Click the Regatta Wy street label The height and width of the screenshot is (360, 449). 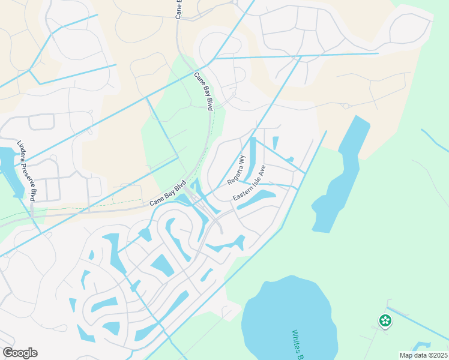click(237, 170)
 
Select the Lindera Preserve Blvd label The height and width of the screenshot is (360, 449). click(28, 170)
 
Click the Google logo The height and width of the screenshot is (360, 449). click(20, 353)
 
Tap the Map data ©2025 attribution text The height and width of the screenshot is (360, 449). click(424, 355)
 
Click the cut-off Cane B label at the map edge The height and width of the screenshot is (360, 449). click(178, 10)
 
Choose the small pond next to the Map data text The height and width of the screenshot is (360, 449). click(421, 346)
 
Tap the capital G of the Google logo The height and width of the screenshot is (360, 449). click(8, 353)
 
